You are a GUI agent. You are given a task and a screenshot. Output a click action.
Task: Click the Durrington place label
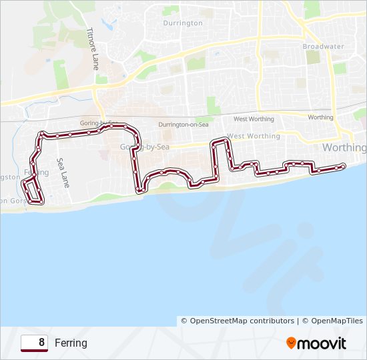183,23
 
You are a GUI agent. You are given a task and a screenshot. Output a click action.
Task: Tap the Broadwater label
322,47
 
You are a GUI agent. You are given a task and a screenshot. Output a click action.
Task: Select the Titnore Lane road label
93,49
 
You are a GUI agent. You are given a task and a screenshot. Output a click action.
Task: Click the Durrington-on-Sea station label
183,125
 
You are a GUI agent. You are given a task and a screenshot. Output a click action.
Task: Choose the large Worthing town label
344,147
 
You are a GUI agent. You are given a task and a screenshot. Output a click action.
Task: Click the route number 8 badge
34,343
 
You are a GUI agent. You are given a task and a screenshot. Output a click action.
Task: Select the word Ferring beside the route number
71,343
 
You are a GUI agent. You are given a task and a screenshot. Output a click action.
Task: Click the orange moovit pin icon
292,343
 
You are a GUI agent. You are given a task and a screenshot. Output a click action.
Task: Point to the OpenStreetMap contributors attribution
238,321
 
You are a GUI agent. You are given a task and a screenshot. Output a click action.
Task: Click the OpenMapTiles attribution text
332,321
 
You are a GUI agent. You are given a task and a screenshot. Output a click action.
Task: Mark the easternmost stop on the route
342,165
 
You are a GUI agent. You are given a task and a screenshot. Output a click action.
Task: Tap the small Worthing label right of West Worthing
320,117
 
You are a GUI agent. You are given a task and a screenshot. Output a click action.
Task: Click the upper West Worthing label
254,119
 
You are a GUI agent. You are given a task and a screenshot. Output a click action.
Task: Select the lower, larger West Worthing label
254,136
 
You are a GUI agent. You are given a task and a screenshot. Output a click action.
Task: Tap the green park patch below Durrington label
195,63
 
